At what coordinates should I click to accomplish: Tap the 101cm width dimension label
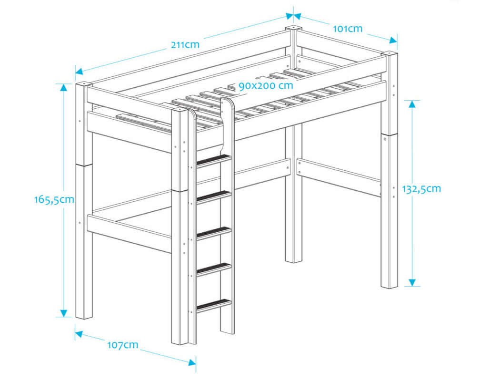click(x=347, y=29)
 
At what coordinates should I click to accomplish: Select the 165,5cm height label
click(x=54, y=200)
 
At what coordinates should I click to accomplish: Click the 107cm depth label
click(x=122, y=344)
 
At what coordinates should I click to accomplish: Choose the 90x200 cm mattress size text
click(x=266, y=86)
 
